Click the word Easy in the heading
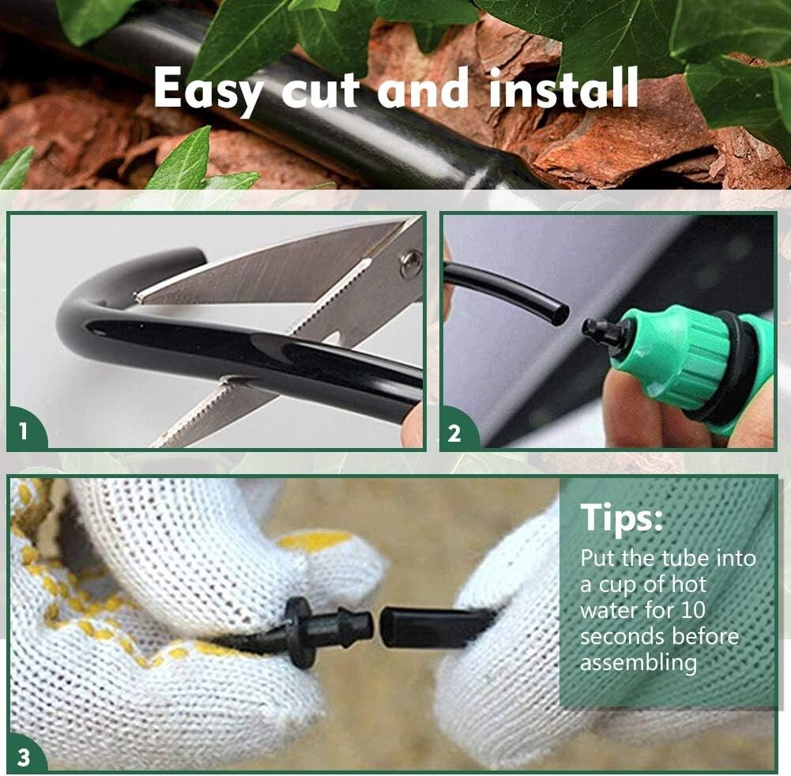pyautogui.click(x=209, y=89)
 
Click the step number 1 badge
pyautogui.click(x=23, y=431)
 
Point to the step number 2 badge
pyautogui.click(x=454, y=433)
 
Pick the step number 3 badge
pyautogui.click(x=24, y=757)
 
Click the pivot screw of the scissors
pyautogui.click(x=410, y=262)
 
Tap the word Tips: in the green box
pyautogui.click(x=622, y=518)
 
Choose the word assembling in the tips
pyautogui.click(x=638, y=662)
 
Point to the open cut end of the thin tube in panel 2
pyautogui.click(x=559, y=314)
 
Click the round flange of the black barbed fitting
pyautogui.click(x=299, y=633)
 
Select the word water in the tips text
pyautogui.click(x=608, y=610)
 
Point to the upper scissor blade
pyautogui.click(x=269, y=269)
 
